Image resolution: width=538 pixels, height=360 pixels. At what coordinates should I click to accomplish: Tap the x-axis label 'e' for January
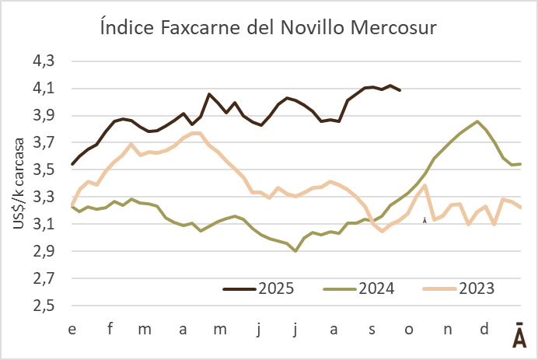tap(72, 329)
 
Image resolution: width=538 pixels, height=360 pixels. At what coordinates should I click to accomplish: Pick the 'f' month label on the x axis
tap(110, 329)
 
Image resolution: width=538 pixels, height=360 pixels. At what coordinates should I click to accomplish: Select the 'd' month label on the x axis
tap(484, 329)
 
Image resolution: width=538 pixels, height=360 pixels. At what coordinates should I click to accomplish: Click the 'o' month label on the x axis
tap(409, 329)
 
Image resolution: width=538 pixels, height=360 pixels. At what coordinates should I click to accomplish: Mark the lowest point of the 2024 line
tap(295, 251)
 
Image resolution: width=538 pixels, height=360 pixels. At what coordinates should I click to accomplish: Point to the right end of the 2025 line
tap(400, 90)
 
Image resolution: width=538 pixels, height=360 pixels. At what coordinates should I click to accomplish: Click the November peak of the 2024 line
tap(477, 121)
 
